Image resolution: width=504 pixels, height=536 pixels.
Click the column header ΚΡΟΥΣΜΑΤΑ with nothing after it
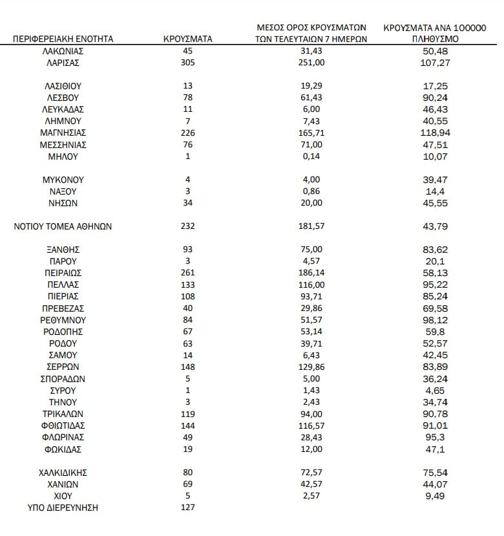coord(188,39)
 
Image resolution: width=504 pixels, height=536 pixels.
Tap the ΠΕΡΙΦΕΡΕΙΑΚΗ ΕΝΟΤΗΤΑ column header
coord(63,39)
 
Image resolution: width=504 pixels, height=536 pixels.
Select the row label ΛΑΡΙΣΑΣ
coord(63,63)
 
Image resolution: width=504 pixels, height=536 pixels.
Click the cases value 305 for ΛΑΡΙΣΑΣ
coord(188,63)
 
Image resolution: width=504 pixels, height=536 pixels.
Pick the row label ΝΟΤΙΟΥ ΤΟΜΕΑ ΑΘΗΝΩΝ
coord(63,226)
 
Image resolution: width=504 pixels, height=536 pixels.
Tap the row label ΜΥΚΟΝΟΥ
coord(63,180)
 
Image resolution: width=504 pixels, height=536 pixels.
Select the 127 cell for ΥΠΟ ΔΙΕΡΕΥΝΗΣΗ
coord(188,508)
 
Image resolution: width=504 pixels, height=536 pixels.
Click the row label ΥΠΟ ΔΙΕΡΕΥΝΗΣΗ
coord(63,508)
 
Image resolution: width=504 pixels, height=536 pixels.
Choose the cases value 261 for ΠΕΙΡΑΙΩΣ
coord(188,273)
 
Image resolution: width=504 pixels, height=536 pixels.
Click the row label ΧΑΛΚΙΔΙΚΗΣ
coord(63,472)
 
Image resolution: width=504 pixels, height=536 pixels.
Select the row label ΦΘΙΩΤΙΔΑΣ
coord(63,425)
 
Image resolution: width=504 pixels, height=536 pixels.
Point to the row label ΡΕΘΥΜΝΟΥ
coord(63,320)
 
